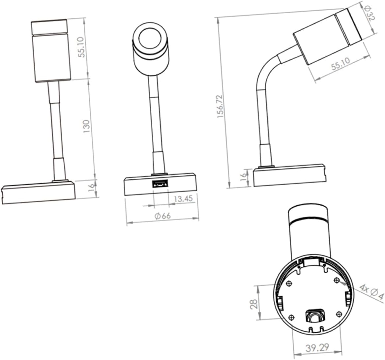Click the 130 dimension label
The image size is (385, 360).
[x=86, y=126]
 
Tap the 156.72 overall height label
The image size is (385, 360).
[x=220, y=106]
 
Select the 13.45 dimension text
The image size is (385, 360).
[x=183, y=198]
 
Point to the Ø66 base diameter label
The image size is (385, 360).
[x=162, y=216]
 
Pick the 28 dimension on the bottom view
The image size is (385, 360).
[x=254, y=304]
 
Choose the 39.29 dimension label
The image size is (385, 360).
[x=317, y=347]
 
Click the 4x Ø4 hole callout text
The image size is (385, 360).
[x=371, y=292]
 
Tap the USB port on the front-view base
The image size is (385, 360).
[x=160, y=184]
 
